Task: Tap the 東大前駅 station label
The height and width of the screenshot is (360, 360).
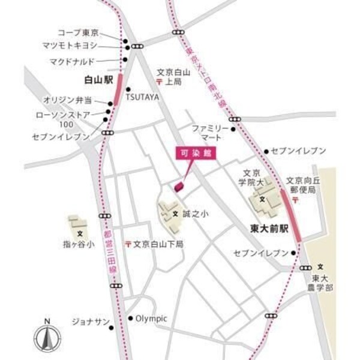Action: click(x=269, y=229)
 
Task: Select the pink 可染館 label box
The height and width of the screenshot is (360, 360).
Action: click(x=197, y=154)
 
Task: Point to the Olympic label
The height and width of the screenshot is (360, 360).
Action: click(x=151, y=319)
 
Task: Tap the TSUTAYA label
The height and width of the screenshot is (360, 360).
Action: click(x=143, y=96)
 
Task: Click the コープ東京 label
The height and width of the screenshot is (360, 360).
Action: click(x=78, y=32)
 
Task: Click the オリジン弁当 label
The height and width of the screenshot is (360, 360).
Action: click(x=68, y=100)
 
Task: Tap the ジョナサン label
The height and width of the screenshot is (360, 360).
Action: click(x=90, y=322)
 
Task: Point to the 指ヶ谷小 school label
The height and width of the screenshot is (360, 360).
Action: click(x=79, y=244)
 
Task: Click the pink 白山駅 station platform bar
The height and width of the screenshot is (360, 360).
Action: click(x=117, y=90)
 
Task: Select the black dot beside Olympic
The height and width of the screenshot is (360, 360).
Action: click(x=130, y=319)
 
